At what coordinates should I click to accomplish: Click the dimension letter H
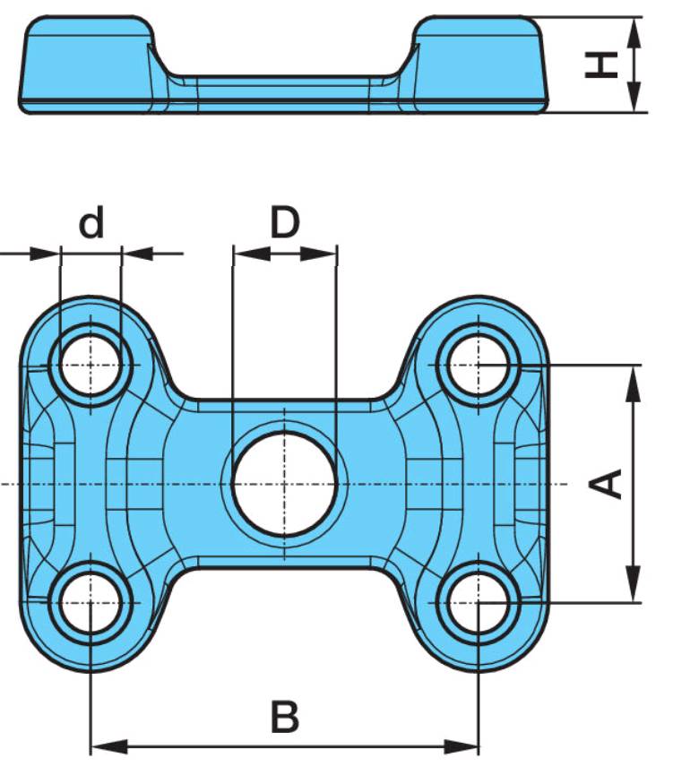601,65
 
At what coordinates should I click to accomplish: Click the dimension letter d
91,222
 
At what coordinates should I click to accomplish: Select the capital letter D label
285,222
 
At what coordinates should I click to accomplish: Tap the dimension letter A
607,484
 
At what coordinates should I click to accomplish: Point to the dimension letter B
285,717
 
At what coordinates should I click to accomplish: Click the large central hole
284,484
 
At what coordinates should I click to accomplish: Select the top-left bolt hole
90,365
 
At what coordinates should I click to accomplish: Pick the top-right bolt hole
479,365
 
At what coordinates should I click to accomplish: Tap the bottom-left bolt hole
90,602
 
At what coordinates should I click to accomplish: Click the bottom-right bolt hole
479,602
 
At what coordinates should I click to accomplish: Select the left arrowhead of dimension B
109,747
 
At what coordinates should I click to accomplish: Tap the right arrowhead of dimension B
461,747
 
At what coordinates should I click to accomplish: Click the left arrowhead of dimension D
252,254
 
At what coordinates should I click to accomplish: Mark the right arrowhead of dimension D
318,254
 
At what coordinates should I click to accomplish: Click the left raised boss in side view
88,64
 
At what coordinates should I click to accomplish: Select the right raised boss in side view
479,64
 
